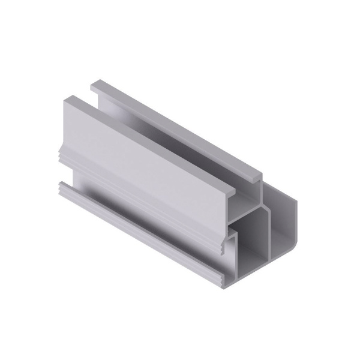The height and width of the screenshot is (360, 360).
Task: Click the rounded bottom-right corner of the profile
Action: pyautogui.click(x=293, y=243)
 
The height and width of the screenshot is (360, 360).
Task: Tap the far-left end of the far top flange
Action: pyautogui.click(x=94, y=86)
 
